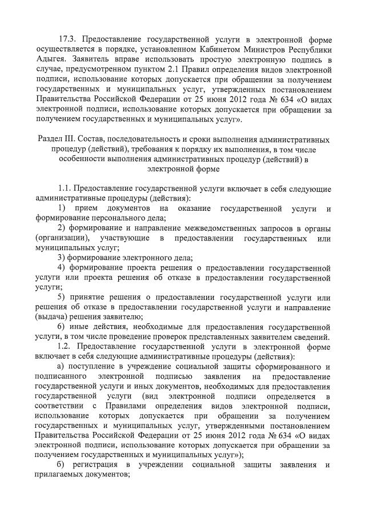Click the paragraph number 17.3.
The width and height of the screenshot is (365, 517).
pos(70,39)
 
